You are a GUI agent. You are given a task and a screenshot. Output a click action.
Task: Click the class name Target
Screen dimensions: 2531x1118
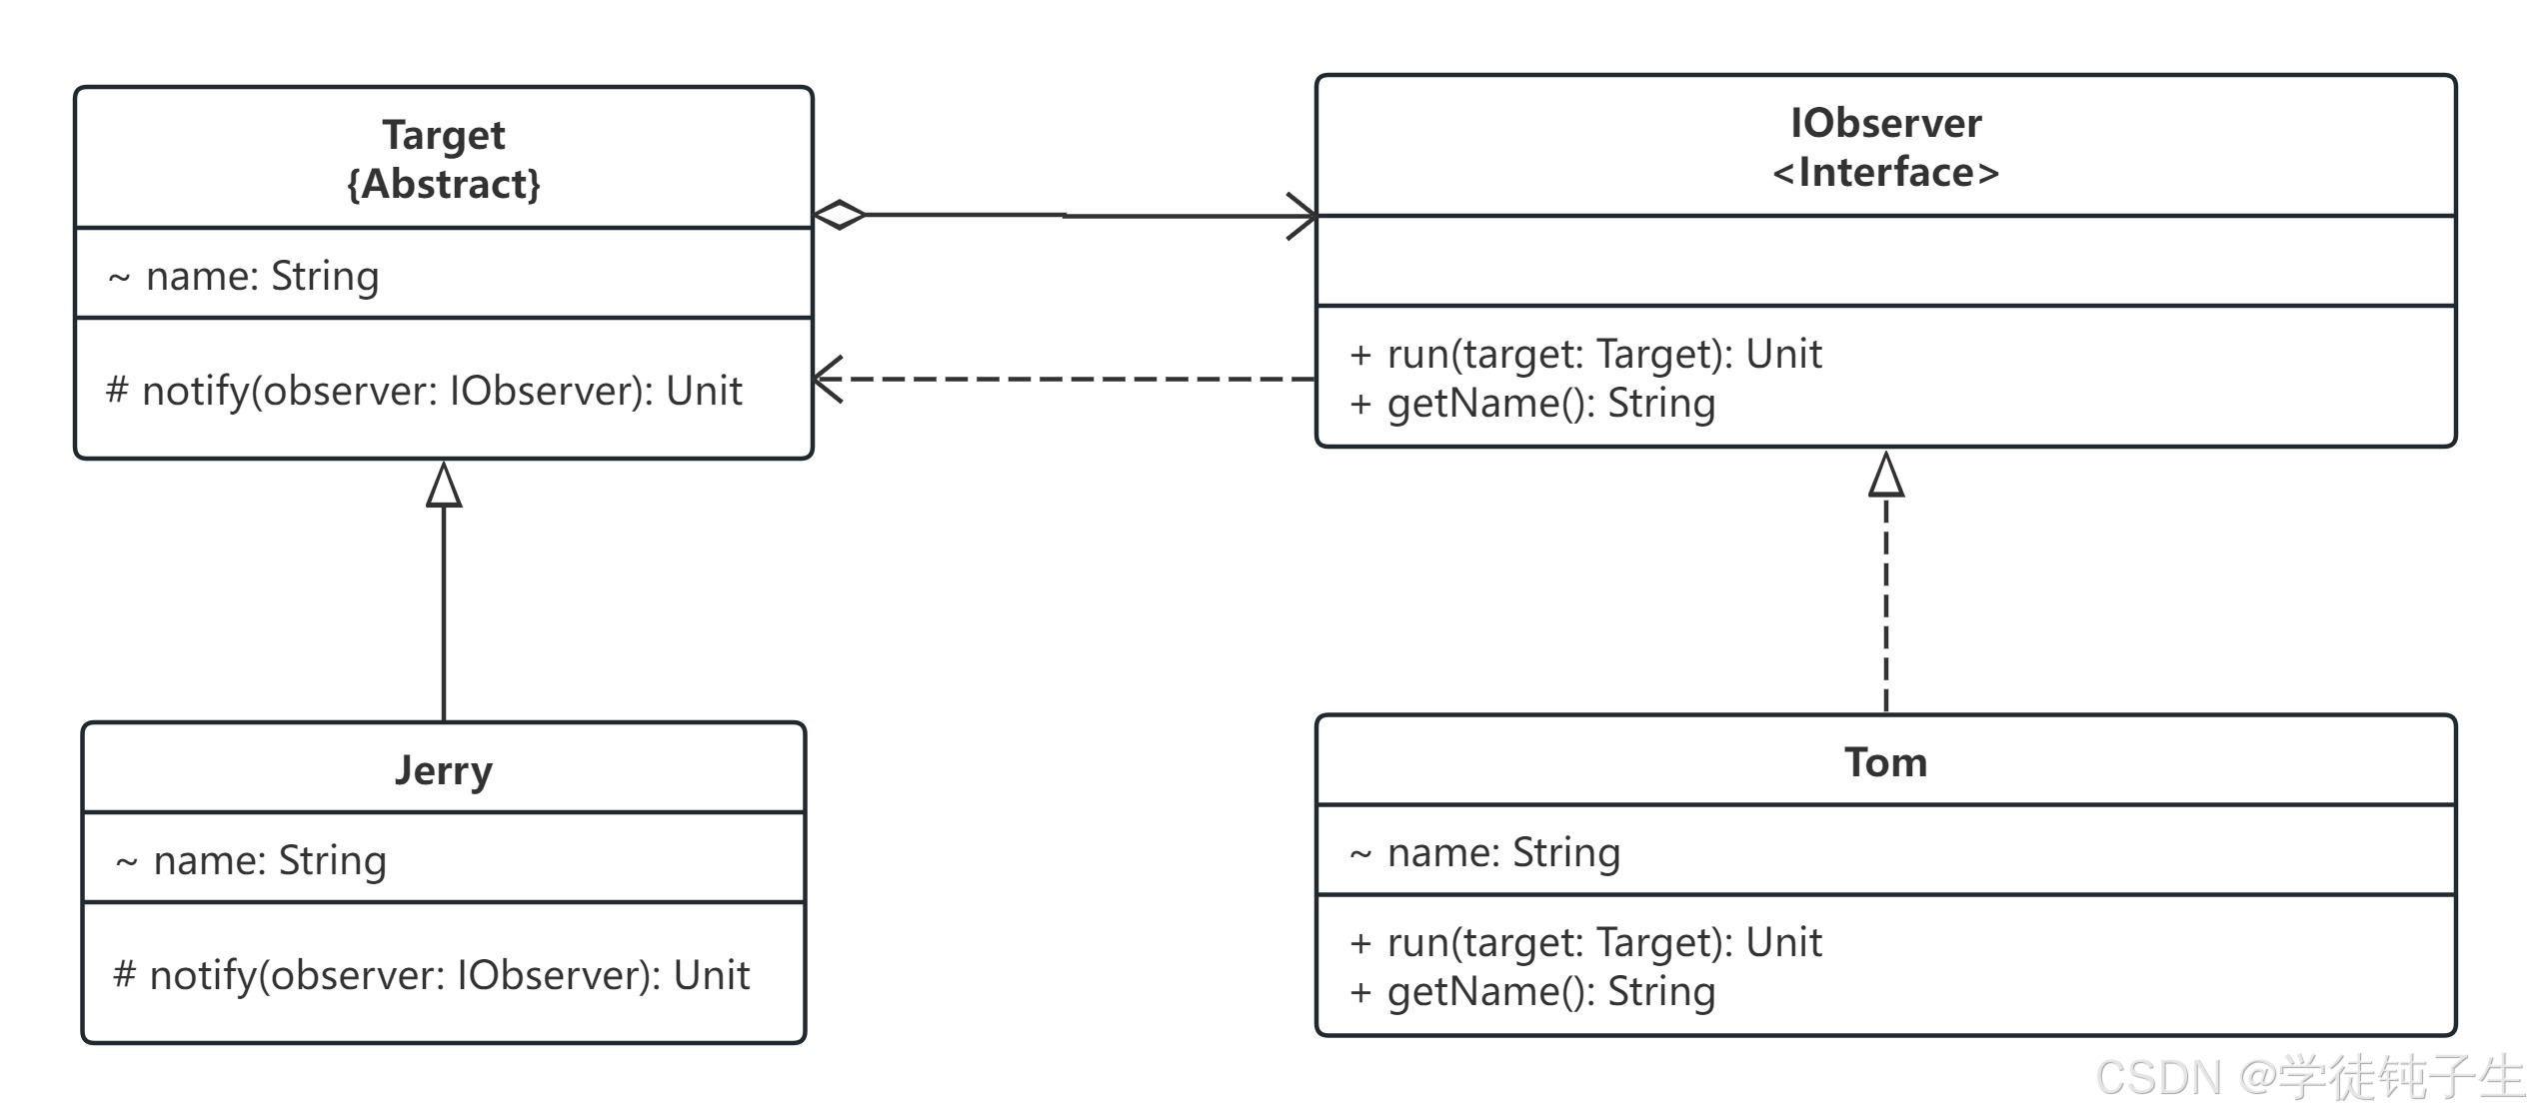(444, 135)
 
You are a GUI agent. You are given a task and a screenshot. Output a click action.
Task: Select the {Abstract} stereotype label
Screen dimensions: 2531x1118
(444, 184)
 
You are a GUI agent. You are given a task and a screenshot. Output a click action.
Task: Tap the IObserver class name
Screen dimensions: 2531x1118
(1885, 123)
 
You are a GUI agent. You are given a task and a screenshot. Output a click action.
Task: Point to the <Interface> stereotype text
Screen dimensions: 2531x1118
(1885, 172)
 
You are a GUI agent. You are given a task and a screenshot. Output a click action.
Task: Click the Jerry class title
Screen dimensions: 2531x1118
(444, 771)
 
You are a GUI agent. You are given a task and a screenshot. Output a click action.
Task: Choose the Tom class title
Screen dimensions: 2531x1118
(1885, 762)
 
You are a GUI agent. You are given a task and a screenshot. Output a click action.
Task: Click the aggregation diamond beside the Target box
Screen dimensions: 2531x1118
(840, 215)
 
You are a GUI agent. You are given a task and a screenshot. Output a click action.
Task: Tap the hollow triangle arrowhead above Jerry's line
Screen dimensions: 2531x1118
(444, 484)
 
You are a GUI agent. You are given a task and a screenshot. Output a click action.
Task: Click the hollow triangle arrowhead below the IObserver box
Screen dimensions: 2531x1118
(1886, 474)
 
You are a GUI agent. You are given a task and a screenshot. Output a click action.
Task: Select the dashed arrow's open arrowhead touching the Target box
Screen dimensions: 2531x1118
(828, 380)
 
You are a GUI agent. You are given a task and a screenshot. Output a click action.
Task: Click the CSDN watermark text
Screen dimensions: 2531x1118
(2310, 1078)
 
